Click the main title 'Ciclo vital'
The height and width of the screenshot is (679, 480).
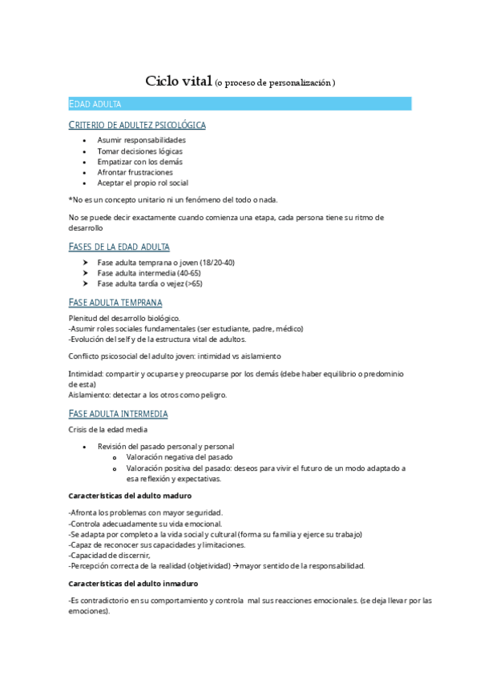pyautogui.click(x=178, y=81)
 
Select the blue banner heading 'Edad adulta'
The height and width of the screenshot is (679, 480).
pyautogui.click(x=95, y=104)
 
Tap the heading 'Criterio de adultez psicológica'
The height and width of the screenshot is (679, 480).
pyautogui.click(x=137, y=125)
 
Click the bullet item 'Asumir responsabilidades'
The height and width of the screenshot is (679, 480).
pyautogui.click(x=141, y=140)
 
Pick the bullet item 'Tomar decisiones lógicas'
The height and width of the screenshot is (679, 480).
pyautogui.click(x=139, y=151)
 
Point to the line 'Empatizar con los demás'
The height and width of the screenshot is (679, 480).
pyautogui.click(x=139, y=161)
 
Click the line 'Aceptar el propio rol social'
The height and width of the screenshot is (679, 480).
pyautogui.click(x=143, y=183)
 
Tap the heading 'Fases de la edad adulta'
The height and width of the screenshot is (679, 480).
pyautogui.click(x=119, y=247)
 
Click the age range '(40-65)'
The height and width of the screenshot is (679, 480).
pyautogui.click(x=188, y=273)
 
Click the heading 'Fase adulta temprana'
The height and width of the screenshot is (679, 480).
pyautogui.click(x=115, y=303)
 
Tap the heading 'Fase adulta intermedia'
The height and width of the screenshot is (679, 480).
pyautogui.click(x=119, y=414)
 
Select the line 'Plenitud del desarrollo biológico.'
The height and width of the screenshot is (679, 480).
pyautogui.click(x=124, y=318)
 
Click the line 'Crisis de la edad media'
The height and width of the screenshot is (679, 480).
pyautogui.click(x=108, y=430)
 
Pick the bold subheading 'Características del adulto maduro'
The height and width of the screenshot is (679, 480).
pyautogui.click(x=131, y=496)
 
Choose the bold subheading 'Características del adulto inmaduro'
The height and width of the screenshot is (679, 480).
pyautogui.click(x=134, y=584)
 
